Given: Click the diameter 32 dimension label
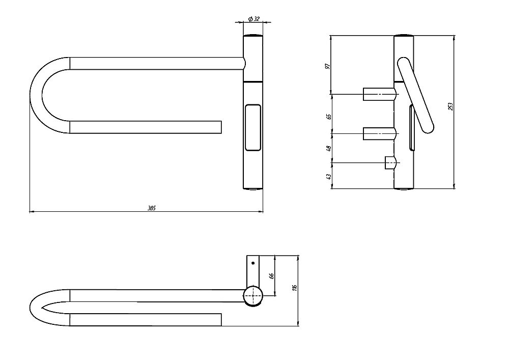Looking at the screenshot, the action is tap(253, 19).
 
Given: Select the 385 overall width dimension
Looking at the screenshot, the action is tap(152, 208).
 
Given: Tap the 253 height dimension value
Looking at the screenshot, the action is tap(450, 106).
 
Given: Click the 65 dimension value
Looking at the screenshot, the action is tap(328, 117).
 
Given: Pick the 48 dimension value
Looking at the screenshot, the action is tap(328, 148).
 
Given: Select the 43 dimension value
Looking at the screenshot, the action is tap(328, 177).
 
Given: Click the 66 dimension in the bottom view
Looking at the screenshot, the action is tap(272, 275).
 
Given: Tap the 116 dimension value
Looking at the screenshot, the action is tap(294, 288).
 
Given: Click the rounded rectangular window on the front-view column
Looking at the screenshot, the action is tap(253, 128).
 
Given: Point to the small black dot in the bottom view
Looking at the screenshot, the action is tap(253, 263).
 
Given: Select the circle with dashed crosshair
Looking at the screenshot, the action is tap(253, 296).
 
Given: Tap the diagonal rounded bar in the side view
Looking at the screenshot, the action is tap(415, 95).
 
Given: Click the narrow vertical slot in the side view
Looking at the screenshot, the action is tap(412, 128).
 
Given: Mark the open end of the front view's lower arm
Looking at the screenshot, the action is tap(221, 127).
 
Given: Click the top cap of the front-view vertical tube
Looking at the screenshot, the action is tap(253, 35).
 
